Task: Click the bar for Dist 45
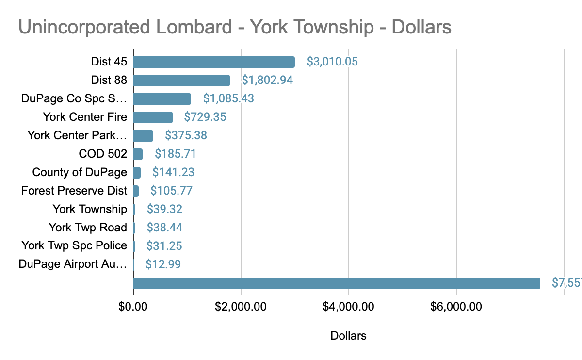click(214, 62)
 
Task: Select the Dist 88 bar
click(181, 81)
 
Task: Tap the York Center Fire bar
click(153, 117)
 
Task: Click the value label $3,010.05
click(332, 62)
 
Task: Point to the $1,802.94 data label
click(267, 81)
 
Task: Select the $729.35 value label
click(205, 117)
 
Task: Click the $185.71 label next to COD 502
click(176, 154)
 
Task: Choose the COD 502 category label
click(103, 154)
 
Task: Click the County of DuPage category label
click(80, 172)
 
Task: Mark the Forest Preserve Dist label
click(74, 191)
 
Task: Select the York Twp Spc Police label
click(74, 246)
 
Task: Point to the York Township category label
click(90, 209)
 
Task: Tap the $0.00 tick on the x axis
click(133, 307)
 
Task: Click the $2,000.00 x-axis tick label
click(241, 307)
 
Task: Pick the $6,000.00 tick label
click(456, 307)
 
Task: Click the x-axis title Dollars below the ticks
click(348, 336)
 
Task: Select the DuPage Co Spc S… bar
click(162, 99)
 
